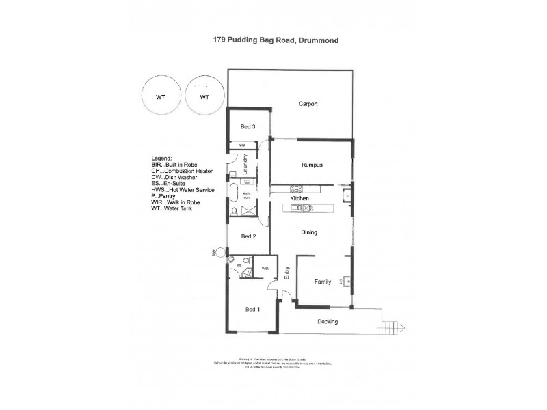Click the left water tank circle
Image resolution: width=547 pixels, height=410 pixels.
pos(160,96)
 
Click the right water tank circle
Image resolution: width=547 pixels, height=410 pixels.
pos(204,96)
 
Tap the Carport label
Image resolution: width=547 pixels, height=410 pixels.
pos(310,105)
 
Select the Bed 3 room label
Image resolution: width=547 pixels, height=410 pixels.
pos(248,127)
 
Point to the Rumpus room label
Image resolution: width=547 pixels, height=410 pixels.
pos(312,165)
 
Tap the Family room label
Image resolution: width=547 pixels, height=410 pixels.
pos(323,282)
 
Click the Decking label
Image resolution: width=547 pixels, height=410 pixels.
pos(328,321)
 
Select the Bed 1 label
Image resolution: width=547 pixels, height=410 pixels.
pos(252,310)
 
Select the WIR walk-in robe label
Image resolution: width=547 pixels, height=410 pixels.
pos(265,268)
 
